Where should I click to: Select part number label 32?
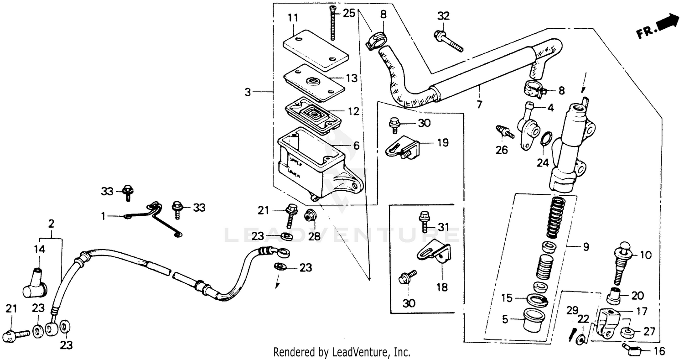[443, 16]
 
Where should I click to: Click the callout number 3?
[248, 92]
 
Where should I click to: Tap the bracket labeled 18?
[436, 256]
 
